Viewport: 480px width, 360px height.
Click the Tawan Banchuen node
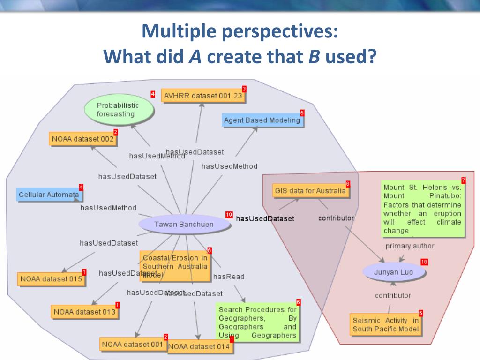(x=184, y=224)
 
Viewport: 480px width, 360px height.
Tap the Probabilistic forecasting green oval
(x=119, y=110)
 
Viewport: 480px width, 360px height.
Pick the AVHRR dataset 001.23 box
(x=203, y=96)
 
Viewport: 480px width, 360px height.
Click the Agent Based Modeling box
(x=262, y=120)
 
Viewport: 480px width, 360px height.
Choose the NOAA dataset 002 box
(x=82, y=139)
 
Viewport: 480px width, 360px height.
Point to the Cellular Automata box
(x=49, y=195)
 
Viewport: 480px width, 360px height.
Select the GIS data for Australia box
(x=310, y=191)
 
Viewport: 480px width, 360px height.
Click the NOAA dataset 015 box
(x=51, y=279)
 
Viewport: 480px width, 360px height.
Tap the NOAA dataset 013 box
(x=84, y=311)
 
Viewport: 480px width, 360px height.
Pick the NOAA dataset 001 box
(x=133, y=344)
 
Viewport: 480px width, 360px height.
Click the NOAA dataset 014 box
(x=199, y=346)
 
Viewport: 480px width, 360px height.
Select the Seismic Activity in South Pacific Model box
(x=386, y=325)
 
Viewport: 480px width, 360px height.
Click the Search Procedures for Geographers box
(x=257, y=322)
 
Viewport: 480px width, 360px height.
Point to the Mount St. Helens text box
(x=422, y=209)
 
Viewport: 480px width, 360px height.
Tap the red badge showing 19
(x=229, y=215)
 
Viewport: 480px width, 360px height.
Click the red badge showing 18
(x=424, y=262)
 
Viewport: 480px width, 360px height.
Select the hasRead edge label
(x=229, y=277)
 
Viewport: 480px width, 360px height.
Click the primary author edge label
(x=410, y=246)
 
